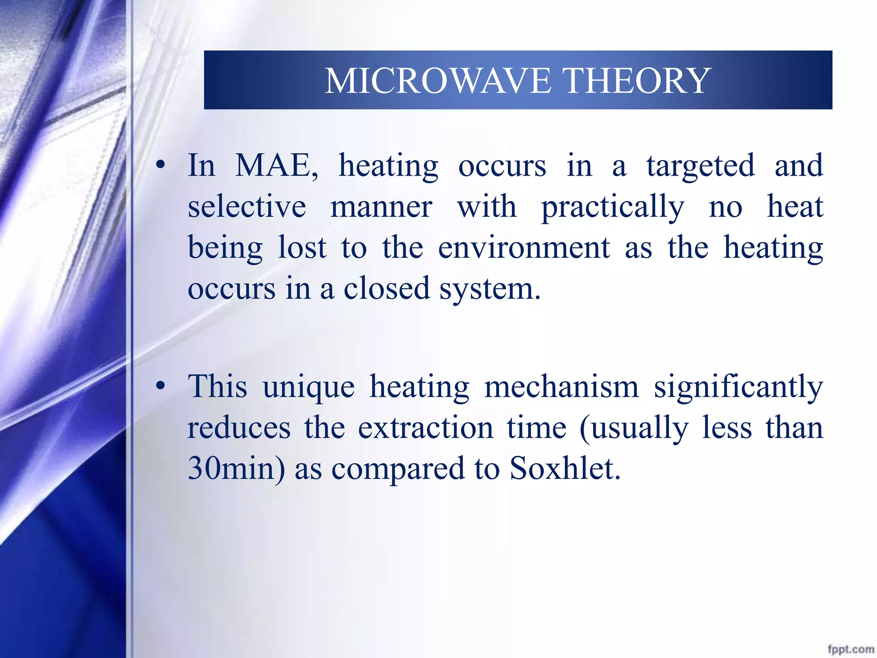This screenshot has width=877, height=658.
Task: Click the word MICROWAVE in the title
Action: click(437, 81)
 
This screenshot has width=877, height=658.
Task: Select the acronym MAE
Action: click(277, 165)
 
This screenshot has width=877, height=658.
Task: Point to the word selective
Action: click(247, 206)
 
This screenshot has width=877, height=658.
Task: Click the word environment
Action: click(524, 248)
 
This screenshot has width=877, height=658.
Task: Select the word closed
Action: click(386, 288)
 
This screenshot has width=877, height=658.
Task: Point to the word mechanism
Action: click(561, 386)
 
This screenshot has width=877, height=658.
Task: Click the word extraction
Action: click(425, 428)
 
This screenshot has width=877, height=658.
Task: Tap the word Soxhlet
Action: click(564, 468)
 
